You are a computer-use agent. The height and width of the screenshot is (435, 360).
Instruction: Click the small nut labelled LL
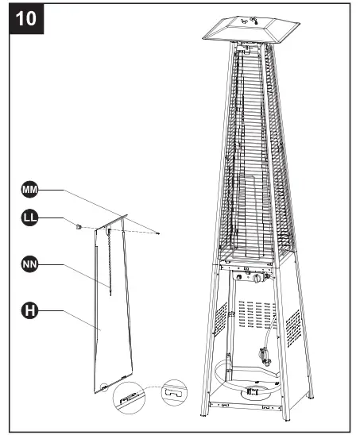click(x=78, y=227)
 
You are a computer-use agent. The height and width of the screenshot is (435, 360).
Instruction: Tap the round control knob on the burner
click(x=257, y=279)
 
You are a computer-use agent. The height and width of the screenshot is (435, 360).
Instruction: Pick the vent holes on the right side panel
click(x=292, y=326)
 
